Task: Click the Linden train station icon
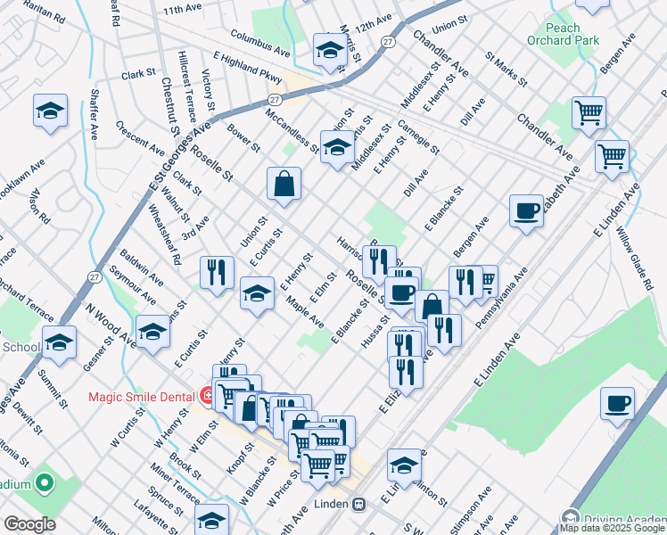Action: (359, 504)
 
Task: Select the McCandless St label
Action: (291, 131)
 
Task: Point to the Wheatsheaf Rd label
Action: (164, 235)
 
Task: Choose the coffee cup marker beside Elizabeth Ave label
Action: (526, 212)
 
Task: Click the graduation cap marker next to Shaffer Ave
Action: (50, 112)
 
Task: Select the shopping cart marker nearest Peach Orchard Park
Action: (589, 112)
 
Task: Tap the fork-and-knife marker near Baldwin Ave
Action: (217, 272)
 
